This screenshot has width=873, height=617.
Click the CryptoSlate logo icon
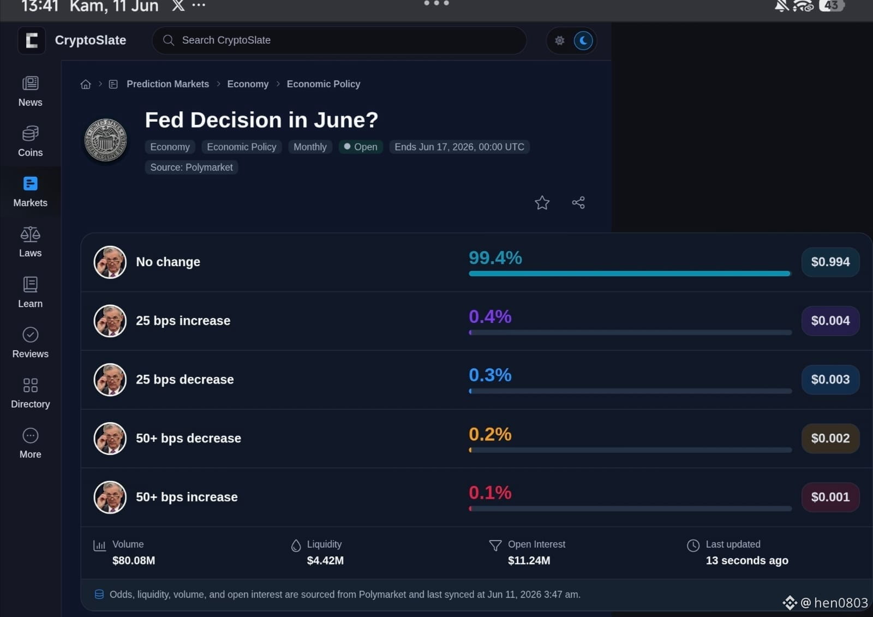(32, 40)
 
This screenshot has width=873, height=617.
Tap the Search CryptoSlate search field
(339, 40)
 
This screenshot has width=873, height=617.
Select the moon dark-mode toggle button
(583, 40)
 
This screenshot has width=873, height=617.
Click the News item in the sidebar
(31, 92)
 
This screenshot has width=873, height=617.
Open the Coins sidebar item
(31, 141)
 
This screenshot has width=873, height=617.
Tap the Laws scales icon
(31, 234)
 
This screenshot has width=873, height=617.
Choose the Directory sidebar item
(31, 393)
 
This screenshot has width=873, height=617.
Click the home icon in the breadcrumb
(86, 84)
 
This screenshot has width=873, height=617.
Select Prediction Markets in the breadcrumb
(168, 84)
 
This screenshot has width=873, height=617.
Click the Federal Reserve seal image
(106, 140)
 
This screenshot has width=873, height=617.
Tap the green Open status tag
(361, 147)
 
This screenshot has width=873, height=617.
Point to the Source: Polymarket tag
(192, 167)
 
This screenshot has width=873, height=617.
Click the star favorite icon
(542, 203)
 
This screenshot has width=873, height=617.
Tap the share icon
(578, 203)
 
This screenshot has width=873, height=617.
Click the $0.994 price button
(830, 262)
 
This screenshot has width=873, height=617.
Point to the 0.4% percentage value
(490, 316)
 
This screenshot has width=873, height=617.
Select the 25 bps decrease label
(185, 379)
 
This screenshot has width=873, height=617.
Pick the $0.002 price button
(830, 438)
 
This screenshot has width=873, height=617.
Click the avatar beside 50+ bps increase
(110, 497)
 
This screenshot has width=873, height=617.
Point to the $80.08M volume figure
(134, 560)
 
